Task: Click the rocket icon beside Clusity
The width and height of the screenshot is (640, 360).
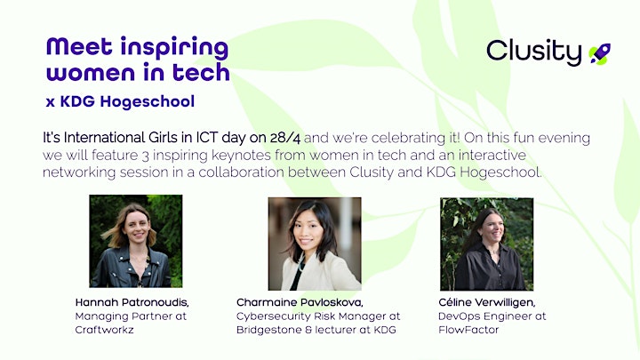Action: tap(600, 54)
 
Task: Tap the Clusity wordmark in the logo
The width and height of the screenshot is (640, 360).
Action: tap(534, 52)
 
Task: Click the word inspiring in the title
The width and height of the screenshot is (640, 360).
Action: tap(174, 48)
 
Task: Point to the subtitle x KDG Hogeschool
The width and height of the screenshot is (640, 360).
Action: tap(120, 101)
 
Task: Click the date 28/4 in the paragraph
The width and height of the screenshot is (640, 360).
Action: tap(285, 138)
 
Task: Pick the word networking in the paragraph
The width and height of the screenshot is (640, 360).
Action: tap(79, 172)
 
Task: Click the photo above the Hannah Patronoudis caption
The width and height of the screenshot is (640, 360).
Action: tap(136, 241)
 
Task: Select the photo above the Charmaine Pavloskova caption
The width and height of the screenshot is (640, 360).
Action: tap(315, 244)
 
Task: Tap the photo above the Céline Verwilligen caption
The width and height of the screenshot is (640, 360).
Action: tap(486, 244)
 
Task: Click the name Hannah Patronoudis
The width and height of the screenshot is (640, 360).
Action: tap(132, 302)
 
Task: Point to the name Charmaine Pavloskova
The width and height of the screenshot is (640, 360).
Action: tap(300, 302)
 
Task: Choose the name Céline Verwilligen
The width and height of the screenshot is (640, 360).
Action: tap(487, 302)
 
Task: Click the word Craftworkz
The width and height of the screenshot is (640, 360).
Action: tap(105, 330)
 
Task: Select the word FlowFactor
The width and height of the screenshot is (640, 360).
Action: tap(468, 330)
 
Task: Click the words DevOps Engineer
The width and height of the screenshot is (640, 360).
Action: tap(481, 316)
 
